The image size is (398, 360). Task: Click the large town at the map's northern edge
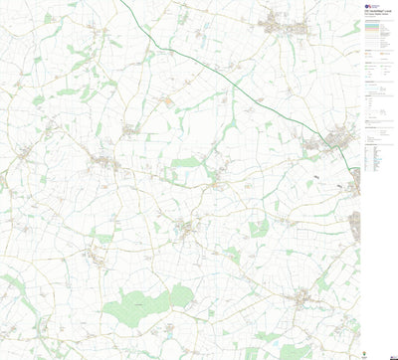click(x=279, y=24)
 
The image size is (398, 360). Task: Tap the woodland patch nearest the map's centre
click(x=187, y=162)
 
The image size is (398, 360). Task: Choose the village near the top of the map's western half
click(x=129, y=129)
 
